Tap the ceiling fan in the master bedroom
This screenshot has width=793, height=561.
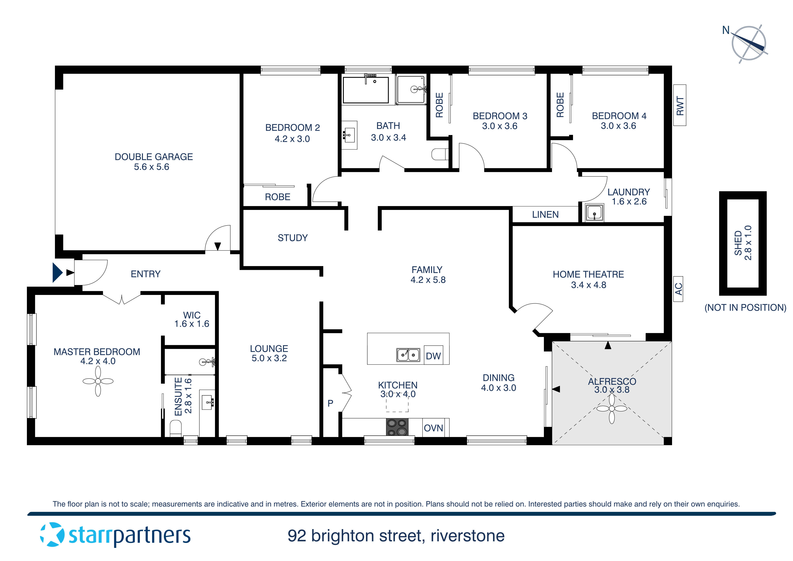pos(98,381)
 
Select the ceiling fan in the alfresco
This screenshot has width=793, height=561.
pos(612,409)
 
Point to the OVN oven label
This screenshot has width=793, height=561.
pos(433,428)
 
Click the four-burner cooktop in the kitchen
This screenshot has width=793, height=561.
pos(397,427)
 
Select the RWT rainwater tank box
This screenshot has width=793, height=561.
pos(680,105)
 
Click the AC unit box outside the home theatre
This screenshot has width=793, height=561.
pos(678,289)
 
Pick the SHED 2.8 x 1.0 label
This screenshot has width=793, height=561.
pos(743,243)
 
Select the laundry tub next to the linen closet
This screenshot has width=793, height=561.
pos(594,212)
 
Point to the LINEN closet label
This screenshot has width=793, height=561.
pos(545,215)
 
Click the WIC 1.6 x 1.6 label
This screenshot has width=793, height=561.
pos(192,319)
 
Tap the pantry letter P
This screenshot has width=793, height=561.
pos(330,403)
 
